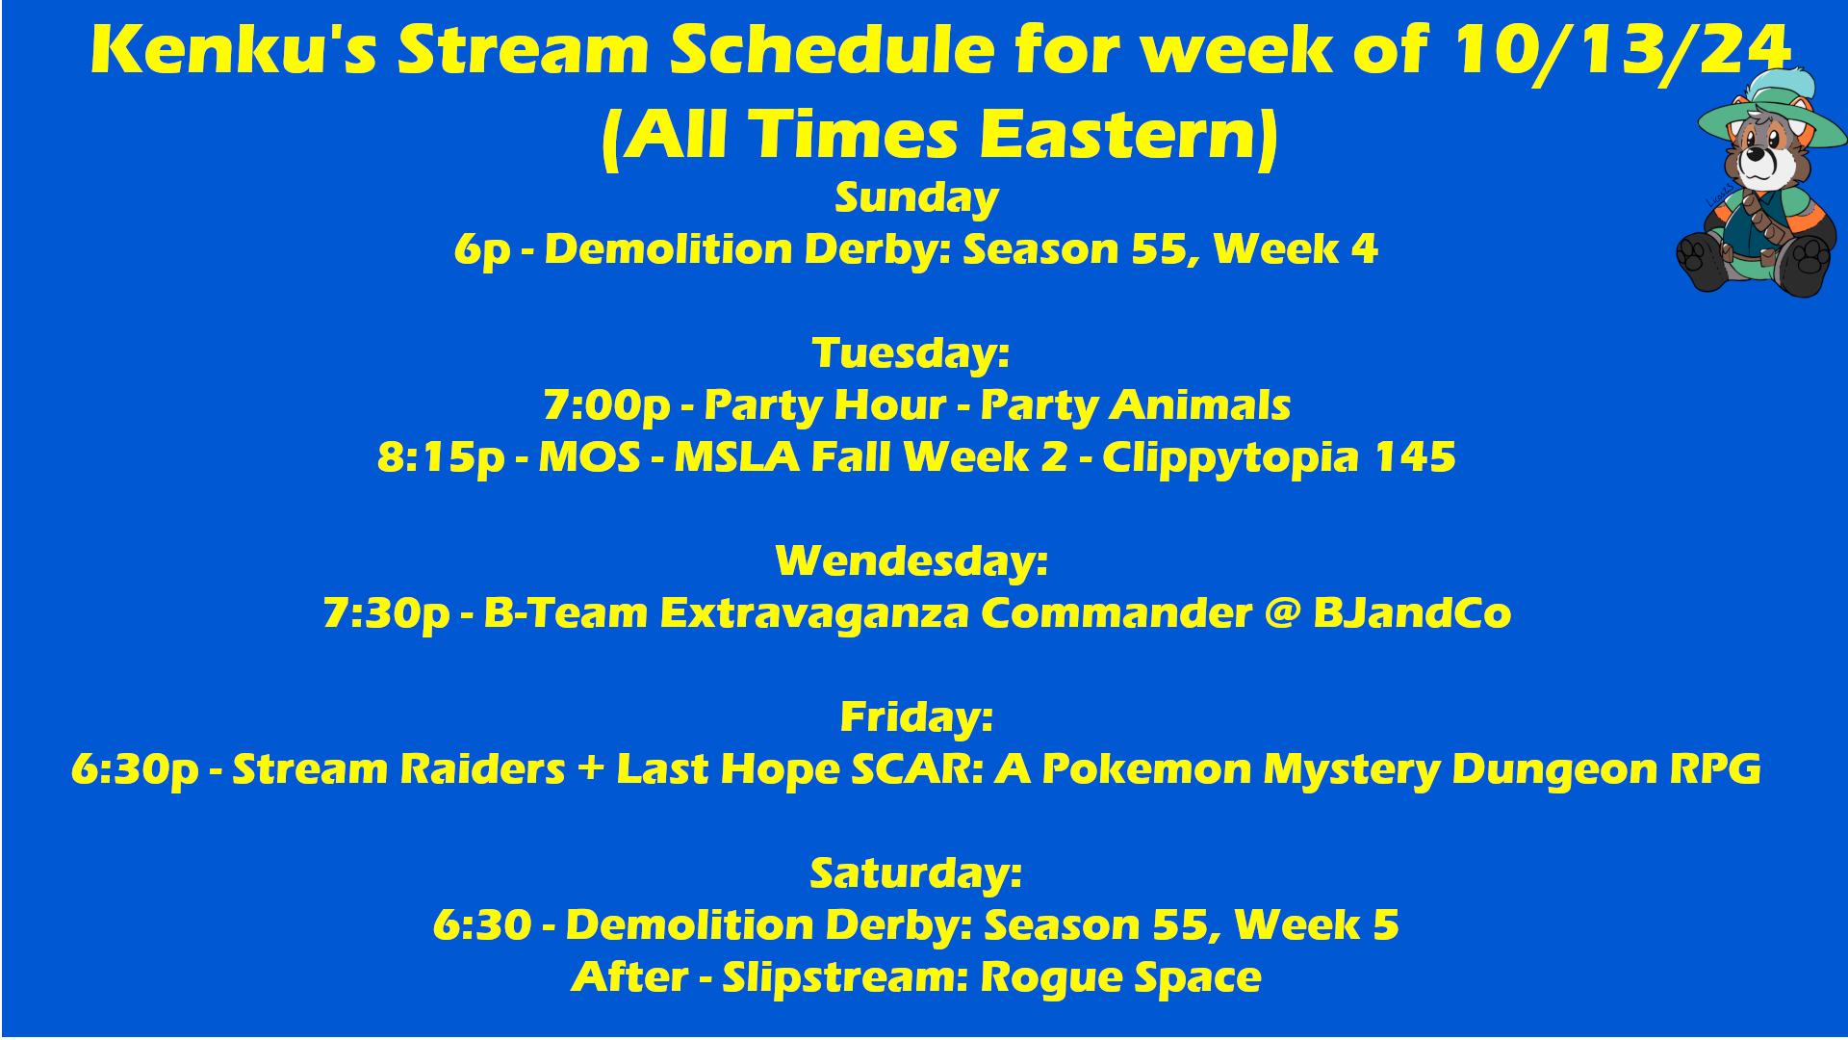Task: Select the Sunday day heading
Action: click(x=916, y=198)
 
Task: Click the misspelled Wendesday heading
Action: click(x=911, y=561)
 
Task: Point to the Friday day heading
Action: click(x=916, y=718)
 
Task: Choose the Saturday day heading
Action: click(x=915, y=874)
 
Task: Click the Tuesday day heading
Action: click(x=911, y=353)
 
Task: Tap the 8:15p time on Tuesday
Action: click(x=441, y=458)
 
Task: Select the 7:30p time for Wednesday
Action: click(x=386, y=614)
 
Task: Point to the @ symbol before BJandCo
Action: click(x=1282, y=613)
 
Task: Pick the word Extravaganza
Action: click(x=814, y=614)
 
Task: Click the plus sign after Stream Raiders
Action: click(x=591, y=769)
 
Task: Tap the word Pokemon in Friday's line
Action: click(x=1146, y=769)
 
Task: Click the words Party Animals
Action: click(x=1136, y=406)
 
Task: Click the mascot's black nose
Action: click(x=1758, y=152)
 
